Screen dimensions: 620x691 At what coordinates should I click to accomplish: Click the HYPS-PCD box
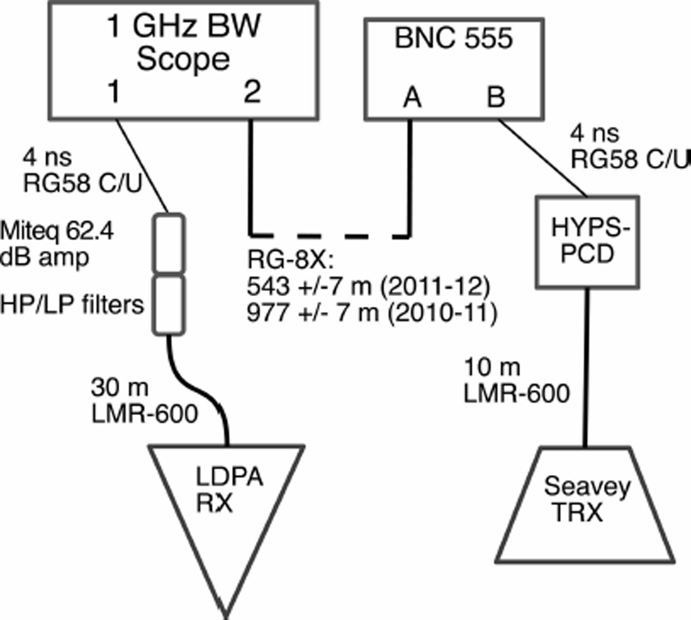point(587,242)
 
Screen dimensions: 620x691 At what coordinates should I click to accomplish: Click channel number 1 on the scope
point(114,91)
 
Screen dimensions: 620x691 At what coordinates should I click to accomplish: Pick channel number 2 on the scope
point(252,91)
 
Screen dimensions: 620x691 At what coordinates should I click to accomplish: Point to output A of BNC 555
point(412,97)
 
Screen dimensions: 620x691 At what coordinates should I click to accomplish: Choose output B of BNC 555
point(496,97)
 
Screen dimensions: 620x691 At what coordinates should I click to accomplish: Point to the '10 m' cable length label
point(492,367)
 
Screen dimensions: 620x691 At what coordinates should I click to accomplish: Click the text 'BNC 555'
point(453,39)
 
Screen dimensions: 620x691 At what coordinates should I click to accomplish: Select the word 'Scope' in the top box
point(183,59)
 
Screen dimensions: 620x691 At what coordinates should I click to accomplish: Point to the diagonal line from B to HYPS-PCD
point(543,158)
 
